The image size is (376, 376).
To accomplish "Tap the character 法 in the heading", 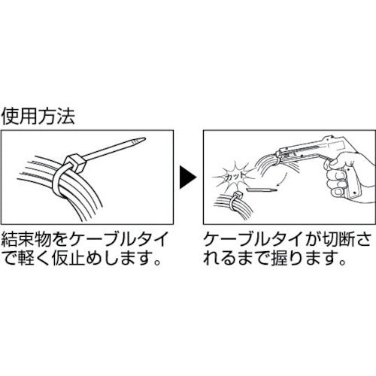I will [x=69, y=118].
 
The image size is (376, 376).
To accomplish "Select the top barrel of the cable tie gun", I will [x=323, y=143].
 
